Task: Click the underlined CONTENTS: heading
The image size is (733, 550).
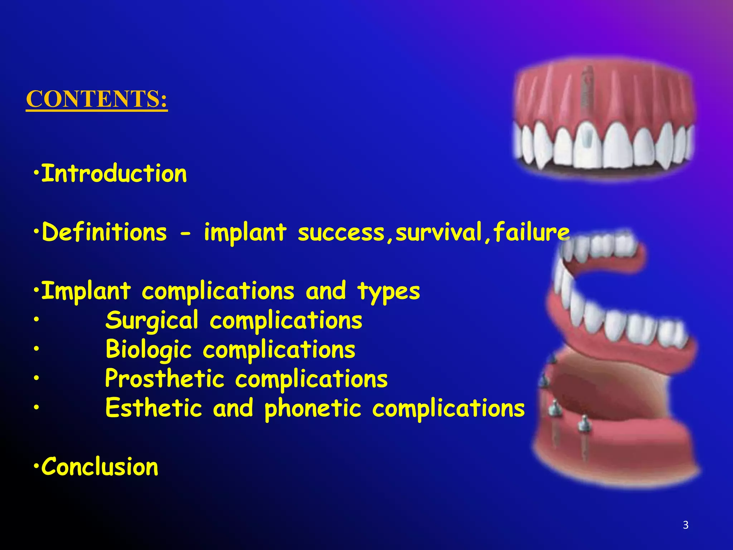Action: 97,99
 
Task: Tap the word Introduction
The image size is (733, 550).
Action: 114,174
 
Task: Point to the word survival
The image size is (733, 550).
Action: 439,232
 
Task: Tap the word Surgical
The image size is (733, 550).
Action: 152,321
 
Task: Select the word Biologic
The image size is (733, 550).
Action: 149,350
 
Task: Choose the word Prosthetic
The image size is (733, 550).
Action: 165,378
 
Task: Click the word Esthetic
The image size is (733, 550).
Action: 154,408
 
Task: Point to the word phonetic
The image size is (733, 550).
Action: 313,409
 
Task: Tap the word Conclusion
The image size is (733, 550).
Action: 100,467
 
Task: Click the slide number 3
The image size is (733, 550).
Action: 685,525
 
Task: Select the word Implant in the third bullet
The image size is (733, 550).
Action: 86,291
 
